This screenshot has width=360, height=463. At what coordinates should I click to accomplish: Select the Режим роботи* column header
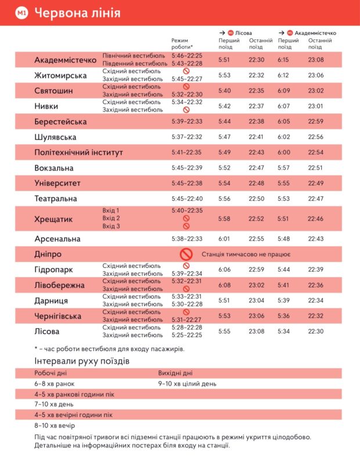(x=182, y=44)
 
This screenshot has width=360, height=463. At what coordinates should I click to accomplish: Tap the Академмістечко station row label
(x=65, y=60)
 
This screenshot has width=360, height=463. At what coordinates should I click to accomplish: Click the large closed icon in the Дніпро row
(x=186, y=254)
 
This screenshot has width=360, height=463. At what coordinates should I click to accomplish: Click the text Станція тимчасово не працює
(x=246, y=254)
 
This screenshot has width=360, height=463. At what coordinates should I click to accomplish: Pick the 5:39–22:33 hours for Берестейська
(x=186, y=122)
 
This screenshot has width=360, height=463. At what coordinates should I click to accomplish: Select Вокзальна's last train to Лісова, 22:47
(x=257, y=168)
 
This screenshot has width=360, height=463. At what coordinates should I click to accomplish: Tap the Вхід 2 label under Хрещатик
(x=111, y=218)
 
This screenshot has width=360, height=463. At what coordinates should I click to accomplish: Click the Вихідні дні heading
(x=175, y=374)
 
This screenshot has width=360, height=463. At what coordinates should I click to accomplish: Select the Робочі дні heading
(x=50, y=374)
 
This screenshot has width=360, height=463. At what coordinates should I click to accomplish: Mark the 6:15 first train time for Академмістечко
(x=283, y=60)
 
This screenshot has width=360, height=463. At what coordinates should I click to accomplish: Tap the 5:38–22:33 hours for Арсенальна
(x=186, y=239)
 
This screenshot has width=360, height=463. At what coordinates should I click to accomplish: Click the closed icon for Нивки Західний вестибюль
(x=186, y=110)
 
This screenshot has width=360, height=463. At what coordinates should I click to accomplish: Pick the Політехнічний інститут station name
(x=78, y=153)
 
